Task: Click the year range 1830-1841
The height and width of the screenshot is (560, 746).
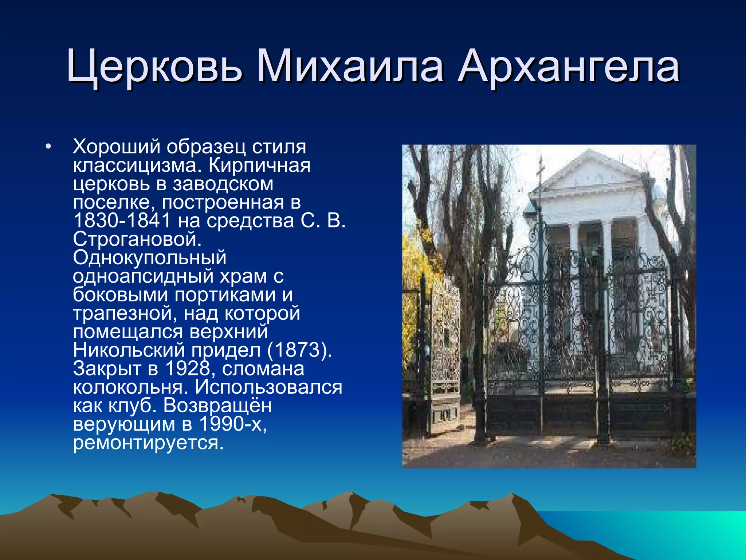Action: [122, 221]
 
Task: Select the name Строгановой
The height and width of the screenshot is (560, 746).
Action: [137, 240]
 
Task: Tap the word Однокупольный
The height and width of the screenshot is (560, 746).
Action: [149, 258]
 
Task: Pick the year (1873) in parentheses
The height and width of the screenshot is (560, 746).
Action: [299, 350]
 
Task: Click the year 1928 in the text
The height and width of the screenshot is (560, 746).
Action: [188, 369]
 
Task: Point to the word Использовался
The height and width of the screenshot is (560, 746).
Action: [268, 387]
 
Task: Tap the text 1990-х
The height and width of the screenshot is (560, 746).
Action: [233, 424]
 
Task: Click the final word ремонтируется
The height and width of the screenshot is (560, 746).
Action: [148, 443]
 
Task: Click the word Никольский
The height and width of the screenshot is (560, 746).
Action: [129, 350]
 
